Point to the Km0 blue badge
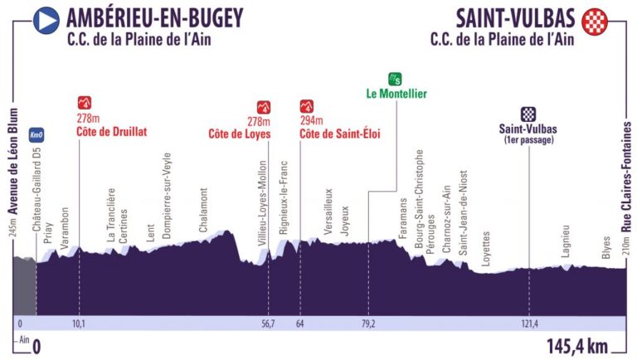coord(36,135)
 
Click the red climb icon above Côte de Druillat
coord(84,104)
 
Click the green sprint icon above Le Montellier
coord(397,80)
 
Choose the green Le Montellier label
coord(396,94)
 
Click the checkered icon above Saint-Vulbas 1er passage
coord(528,114)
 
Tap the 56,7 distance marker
coord(268,324)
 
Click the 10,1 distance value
coord(78,324)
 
